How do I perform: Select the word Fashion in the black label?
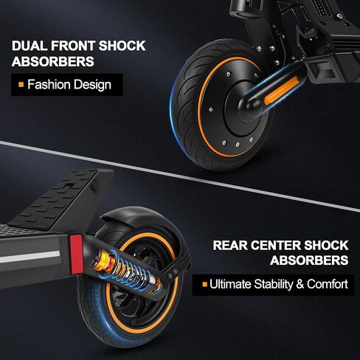[49, 84]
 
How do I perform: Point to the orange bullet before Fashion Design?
[21, 85]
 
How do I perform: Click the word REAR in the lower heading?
[230, 245]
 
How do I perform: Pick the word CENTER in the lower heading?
[276, 245]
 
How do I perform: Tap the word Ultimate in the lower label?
[230, 284]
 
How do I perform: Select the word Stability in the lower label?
[273, 285]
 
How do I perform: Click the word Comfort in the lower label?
[328, 284]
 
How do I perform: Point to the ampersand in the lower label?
[300, 284]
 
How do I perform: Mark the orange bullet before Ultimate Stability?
[204, 285]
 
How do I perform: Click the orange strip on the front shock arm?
[281, 91]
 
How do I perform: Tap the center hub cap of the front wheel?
[242, 108]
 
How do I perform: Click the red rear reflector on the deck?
[76, 255]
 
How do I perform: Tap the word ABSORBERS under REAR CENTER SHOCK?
[309, 260]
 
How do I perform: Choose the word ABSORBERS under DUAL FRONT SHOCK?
[53, 61]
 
